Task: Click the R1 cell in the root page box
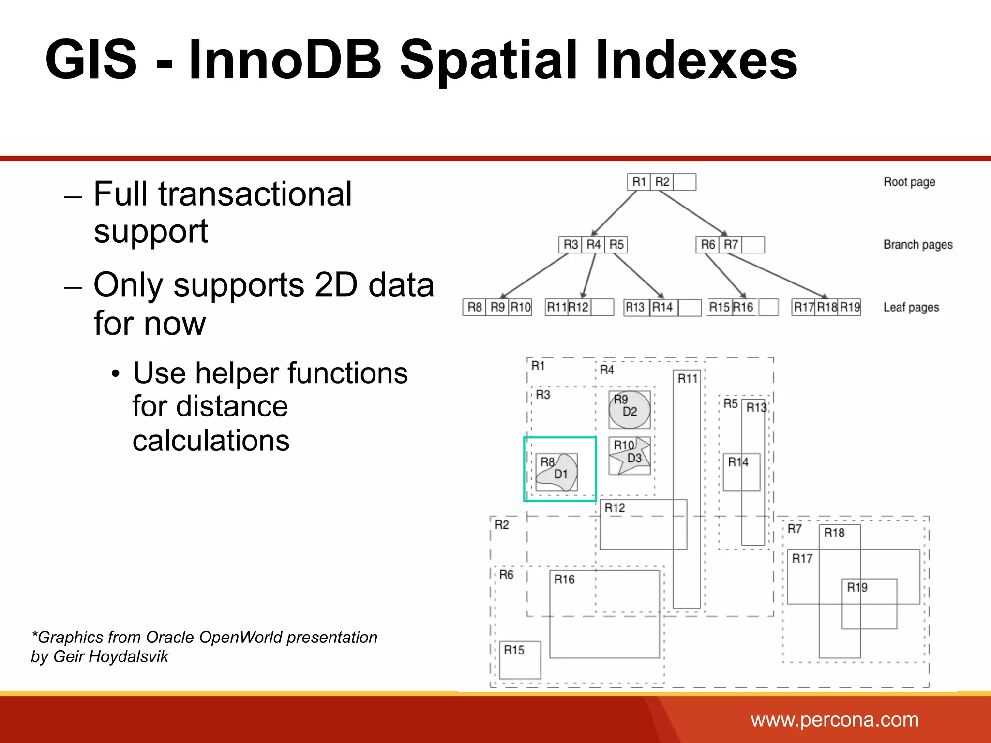(639, 182)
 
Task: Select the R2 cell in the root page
(661, 182)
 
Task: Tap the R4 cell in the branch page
(593, 244)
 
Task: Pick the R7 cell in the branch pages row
(731, 244)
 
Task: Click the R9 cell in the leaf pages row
(497, 307)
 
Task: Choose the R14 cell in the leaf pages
(662, 307)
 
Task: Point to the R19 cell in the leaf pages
(850, 307)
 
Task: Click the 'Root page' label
(909, 182)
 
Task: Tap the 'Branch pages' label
(918, 245)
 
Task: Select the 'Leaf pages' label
(911, 308)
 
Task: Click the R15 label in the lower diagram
(514, 650)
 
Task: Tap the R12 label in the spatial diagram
(615, 508)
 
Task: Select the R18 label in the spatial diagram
(834, 533)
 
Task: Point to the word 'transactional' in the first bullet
(255, 193)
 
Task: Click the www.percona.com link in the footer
(835, 720)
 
